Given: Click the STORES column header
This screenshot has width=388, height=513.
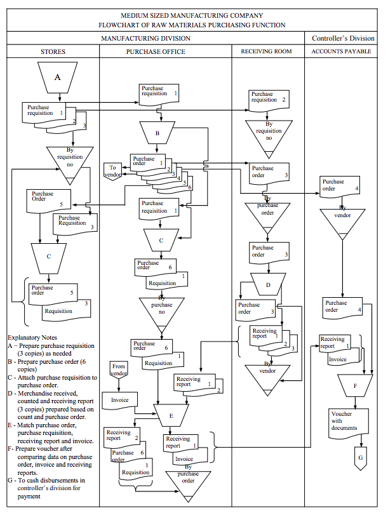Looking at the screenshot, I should [53, 51].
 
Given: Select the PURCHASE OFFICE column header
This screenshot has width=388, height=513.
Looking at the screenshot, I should [165, 51].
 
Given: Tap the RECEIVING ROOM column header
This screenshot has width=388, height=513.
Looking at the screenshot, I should [267, 51].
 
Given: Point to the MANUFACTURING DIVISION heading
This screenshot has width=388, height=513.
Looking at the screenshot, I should [155, 39].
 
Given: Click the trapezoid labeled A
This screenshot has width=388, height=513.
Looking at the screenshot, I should [58, 77].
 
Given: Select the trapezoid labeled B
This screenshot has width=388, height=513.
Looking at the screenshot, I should [157, 134].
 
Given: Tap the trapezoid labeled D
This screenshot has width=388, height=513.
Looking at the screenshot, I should [267, 284].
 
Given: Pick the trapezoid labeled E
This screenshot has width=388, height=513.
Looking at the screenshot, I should [170, 415].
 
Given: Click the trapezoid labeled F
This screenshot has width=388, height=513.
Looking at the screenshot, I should [355, 385].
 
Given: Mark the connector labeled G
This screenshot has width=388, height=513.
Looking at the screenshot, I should [361, 457].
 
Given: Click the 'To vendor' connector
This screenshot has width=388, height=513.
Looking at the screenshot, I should [113, 171].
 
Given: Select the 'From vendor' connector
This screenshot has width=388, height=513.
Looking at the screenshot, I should [119, 370].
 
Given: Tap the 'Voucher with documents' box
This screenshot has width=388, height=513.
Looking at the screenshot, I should [344, 420].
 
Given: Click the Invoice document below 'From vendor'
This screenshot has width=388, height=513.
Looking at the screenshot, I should [120, 401].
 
